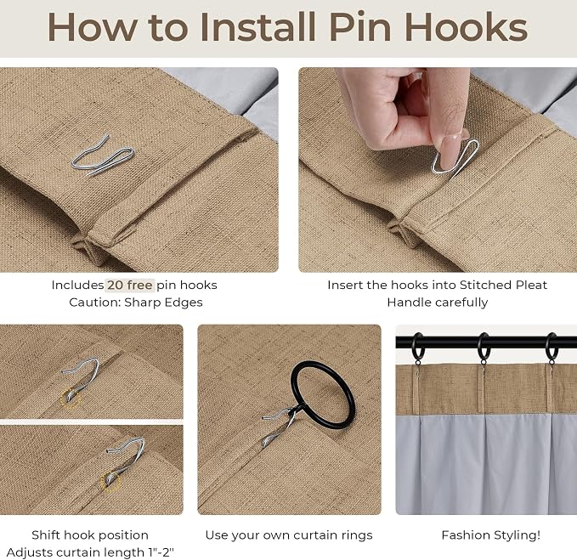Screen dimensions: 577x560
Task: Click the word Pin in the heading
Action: click(360, 28)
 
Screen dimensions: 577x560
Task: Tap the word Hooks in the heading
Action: click(466, 28)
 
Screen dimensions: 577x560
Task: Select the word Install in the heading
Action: click(257, 28)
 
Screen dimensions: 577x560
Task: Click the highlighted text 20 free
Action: click(129, 286)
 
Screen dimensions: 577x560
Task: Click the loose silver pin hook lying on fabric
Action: click(103, 156)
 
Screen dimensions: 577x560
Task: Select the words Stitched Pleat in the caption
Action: click(503, 286)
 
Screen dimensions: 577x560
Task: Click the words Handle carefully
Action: click(437, 303)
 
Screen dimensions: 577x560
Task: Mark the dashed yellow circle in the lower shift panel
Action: click(111, 481)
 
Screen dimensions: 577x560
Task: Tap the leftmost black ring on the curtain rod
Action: click(417, 347)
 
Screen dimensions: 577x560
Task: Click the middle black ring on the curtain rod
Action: click(483, 347)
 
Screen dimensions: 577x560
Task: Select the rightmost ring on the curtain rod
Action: click(551, 347)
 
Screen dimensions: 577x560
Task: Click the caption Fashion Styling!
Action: click(491, 535)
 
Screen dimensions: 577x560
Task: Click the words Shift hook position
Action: click(90, 535)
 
